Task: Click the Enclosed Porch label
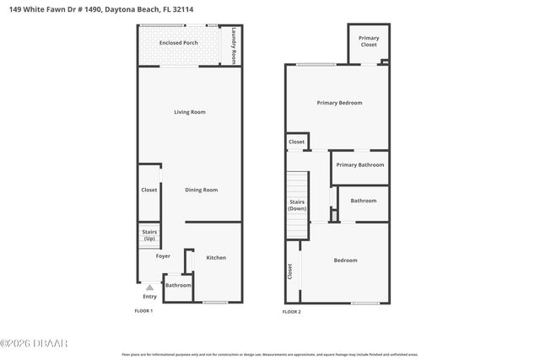pyautogui.click(x=178, y=41)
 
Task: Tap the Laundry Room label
pyautogui.click(x=233, y=46)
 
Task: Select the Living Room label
pyautogui.click(x=190, y=112)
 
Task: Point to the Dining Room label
pyautogui.click(x=202, y=190)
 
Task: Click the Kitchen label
pyautogui.click(x=216, y=257)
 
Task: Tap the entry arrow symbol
pyautogui.click(x=149, y=287)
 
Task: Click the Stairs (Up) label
pyautogui.click(x=148, y=235)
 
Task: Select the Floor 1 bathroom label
pyautogui.click(x=178, y=285)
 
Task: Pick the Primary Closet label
pyautogui.click(x=369, y=41)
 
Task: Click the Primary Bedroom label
pyautogui.click(x=339, y=103)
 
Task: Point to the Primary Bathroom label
pyautogui.click(x=360, y=164)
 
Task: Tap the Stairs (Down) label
pyautogui.click(x=297, y=205)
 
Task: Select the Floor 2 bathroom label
pyautogui.click(x=364, y=201)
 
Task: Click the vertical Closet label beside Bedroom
pyautogui.click(x=289, y=271)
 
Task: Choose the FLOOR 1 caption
pyautogui.click(x=144, y=311)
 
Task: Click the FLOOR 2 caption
pyautogui.click(x=291, y=311)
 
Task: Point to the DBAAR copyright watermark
pyautogui.click(x=35, y=342)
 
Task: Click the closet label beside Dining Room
pyautogui.click(x=149, y=190)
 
